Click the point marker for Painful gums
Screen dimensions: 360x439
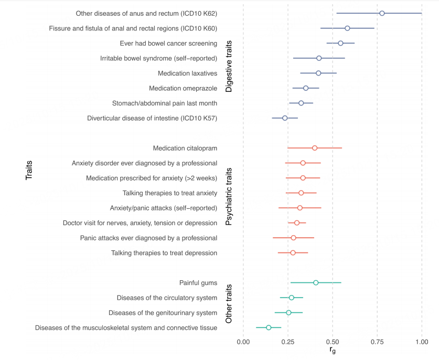click(x=316, y=283)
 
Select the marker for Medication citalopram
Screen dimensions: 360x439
click(x=315, y=148)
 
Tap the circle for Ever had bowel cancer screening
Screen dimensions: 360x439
click(x=340, y=43)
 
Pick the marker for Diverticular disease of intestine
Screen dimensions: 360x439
click(x=285, y=118)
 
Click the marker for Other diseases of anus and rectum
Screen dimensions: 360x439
click(x=382, y=13)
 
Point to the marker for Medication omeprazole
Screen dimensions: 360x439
click(x=306, y=88)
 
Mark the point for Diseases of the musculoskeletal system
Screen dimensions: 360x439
click(x=269, y=327)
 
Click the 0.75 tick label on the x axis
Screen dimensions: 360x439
click(x=377, y=342)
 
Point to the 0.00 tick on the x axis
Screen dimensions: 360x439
click(x=243, y=342)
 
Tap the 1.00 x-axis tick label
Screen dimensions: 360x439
click(x=422, y=342)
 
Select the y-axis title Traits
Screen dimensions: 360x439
click(x=29, y=171)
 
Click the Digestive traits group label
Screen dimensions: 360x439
click(x=229, y=66)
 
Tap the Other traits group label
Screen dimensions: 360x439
click(x=229, y=305)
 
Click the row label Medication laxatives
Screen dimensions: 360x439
click(x=187, y=73)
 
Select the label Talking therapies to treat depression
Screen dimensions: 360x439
click(x=164, y=253)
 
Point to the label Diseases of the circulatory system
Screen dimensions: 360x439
click(x=167, y=298)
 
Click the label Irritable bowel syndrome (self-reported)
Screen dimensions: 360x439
click(x=158, y=58)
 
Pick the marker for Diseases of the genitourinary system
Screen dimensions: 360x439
click(x=288, y=313)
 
